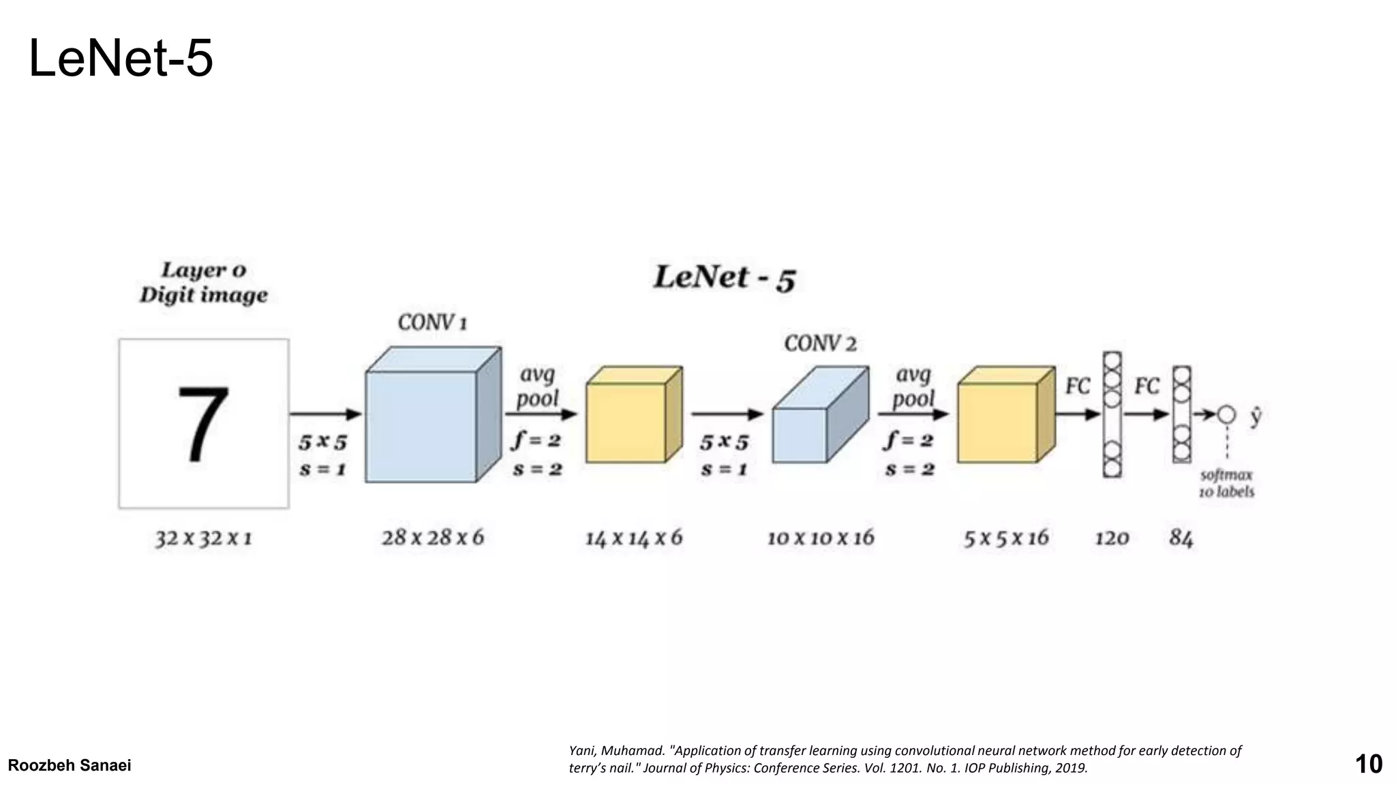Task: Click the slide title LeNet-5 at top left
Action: [121, 59]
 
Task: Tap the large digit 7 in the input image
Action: [203, 424]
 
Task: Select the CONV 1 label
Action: [432, 322]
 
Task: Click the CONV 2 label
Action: [820, 343]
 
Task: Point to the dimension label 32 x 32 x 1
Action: [203, 538]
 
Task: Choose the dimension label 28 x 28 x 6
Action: [432, 538]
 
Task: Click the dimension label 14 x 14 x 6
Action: [633, 538]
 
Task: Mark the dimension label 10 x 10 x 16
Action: [821, 538]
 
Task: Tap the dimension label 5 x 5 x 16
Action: [1005, 538]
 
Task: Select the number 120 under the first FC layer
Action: [1112, 538]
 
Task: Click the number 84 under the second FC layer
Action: [1181, 538]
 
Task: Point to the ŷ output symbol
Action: [1256, 416]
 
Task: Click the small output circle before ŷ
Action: [1226, 414]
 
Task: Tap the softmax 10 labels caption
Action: [1226, 483]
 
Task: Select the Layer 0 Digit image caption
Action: [203, 282]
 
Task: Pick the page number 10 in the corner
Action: [1368, 764]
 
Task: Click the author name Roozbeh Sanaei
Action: [70, 765]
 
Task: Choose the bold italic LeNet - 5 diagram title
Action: [725, 278]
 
